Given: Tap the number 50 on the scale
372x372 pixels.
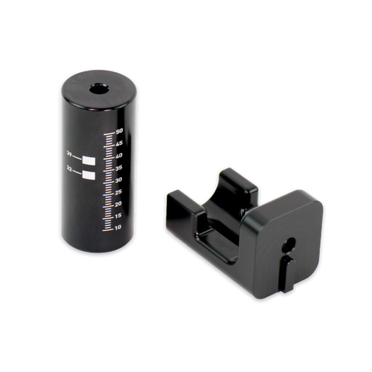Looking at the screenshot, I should (119, 131).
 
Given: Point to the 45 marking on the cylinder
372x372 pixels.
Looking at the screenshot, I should (119, 144).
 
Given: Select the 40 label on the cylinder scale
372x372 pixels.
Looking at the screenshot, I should (119, 156).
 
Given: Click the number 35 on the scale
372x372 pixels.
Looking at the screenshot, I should (119, 168).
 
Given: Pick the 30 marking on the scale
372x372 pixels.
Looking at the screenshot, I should (119, 179).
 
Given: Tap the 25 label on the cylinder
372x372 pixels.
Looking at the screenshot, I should (119, 191).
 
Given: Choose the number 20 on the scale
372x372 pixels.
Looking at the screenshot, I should (119, 203).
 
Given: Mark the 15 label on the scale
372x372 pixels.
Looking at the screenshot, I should (119, 215).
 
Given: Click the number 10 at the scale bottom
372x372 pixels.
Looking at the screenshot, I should (119, 227).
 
